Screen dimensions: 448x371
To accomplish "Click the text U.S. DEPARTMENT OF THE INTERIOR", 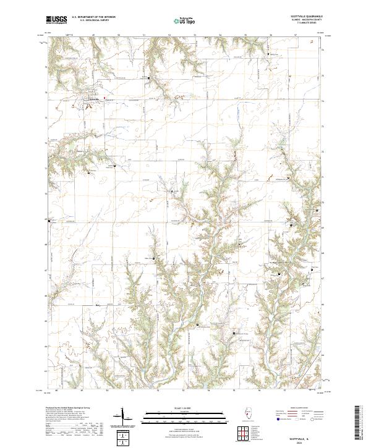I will pyautogui.click(x=94, y=18).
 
